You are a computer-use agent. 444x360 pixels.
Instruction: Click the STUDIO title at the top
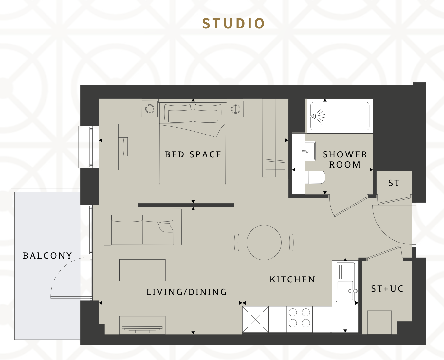point(233,23)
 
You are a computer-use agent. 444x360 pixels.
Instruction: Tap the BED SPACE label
point(193,154)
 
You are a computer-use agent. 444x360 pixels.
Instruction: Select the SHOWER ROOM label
point(345,160)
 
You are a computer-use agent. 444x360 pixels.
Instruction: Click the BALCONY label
point(47,256)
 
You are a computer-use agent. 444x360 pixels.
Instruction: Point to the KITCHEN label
point(292,279)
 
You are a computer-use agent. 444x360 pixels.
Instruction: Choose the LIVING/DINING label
point(187,292)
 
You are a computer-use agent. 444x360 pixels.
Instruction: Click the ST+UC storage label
point(387,289)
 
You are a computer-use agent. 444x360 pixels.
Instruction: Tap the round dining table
point(264,243)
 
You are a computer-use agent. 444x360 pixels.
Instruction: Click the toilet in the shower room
point(315,177)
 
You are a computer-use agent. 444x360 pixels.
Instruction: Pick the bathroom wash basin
point(308,151)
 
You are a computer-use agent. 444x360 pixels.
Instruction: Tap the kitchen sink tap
point(353,291)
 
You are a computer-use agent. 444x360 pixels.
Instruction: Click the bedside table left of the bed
point(150,109)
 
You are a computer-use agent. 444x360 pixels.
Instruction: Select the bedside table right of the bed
point(235,109)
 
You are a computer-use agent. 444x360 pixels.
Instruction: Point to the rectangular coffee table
point(142,270)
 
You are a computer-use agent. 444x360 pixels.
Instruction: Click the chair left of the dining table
point(241,243)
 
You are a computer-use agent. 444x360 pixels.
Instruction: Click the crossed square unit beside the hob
point(255,319)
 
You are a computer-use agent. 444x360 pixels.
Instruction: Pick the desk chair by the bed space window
point(123,147)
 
